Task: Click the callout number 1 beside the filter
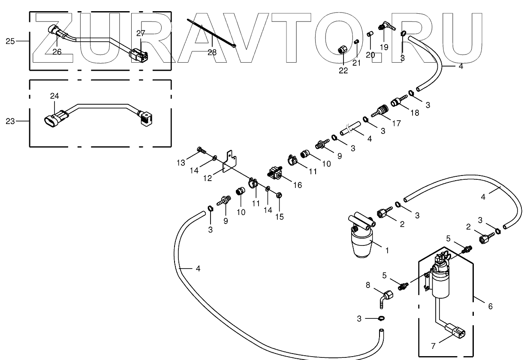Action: click(387, 250)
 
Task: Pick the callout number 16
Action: click(297, 185)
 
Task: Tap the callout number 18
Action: click(415, 113)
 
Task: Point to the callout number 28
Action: click(212, 52)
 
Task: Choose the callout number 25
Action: click(10, 41)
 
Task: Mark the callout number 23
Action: click(10, 121)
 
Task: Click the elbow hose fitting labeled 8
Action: click(388, 296)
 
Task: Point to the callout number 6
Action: click(490, 306)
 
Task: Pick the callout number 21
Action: click(356, 63)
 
